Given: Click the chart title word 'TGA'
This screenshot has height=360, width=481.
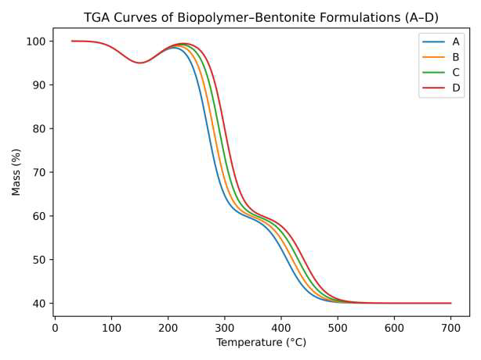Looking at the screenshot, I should click(x=99, y=18).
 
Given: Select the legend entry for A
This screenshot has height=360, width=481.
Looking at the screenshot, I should click(x=455, y=41).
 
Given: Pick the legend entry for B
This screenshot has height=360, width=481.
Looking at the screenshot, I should click(x=455, y=57).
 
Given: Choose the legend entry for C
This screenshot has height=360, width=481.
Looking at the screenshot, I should click(x=455, y=72).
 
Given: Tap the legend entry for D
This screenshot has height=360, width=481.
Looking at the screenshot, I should click(x=455, y=88).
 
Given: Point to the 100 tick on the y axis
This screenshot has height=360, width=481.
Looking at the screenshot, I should click(x=38, y=41).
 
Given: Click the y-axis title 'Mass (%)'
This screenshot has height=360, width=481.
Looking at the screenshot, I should click(x=16, y=172).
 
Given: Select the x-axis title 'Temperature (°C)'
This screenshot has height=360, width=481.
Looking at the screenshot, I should click(x=261, y=343).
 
